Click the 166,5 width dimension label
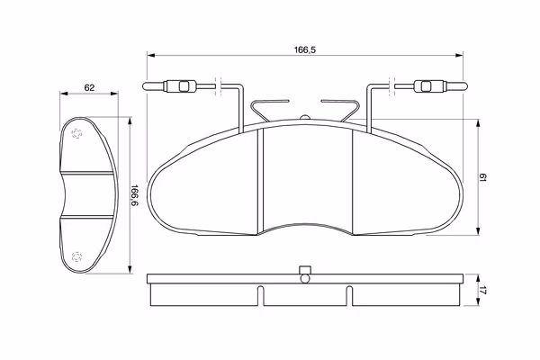click(x=305, y=50)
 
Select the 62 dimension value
click(x=89, y=88)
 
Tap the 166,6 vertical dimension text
click(x=134, y=195)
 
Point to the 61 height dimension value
click(x=482, y=178)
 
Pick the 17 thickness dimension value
click(x=482, y=290)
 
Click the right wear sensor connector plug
click(x=430, y=86)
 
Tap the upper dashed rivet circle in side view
click(x=76, y=133)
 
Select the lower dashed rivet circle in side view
click(x=76, y=256)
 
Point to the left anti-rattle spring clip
click(x=265, y=110)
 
